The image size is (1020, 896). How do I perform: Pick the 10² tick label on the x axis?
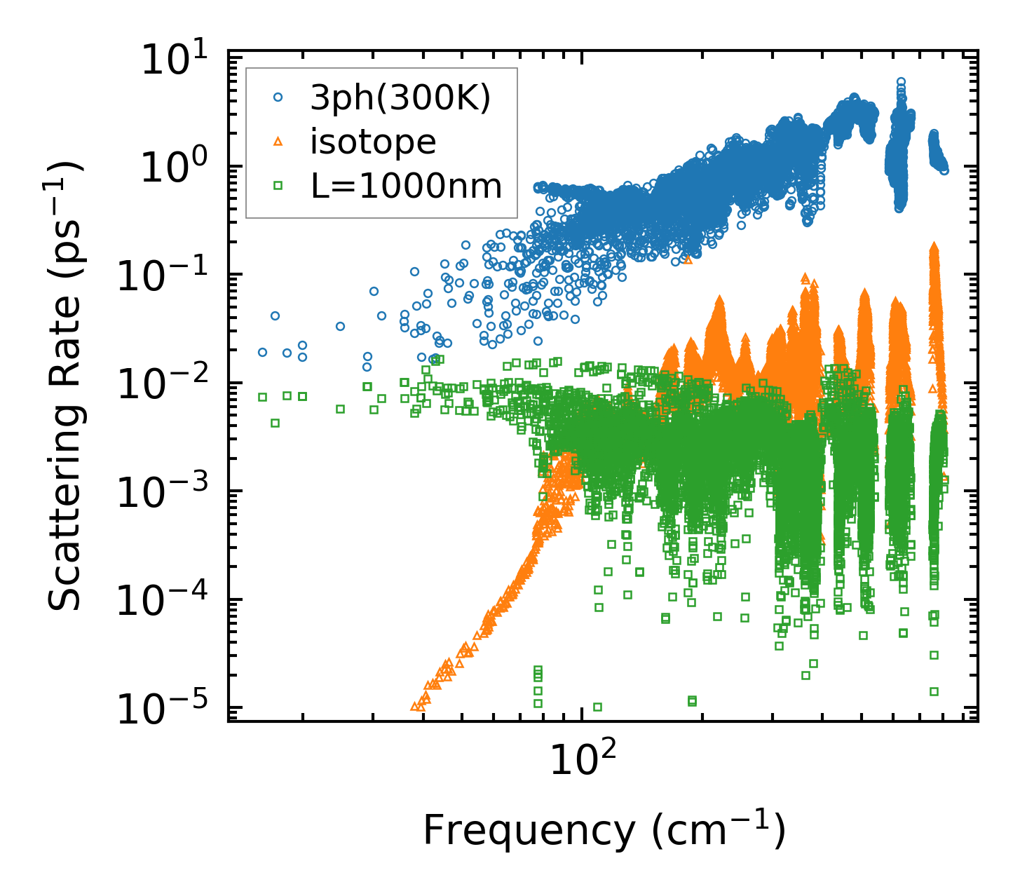coord(581,759)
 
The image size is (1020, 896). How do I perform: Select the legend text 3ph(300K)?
coord(400,100)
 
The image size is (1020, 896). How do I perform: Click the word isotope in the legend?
coord(373,142)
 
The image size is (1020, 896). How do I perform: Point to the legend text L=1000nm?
coord(406,186)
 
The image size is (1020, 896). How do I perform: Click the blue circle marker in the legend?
coord(278,99)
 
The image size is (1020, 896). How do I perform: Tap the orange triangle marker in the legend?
coord(278,142)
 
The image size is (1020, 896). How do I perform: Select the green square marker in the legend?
coord(278,186)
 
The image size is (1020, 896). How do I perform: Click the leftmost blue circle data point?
coord(262,352)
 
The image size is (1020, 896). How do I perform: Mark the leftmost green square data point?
coord(262,397)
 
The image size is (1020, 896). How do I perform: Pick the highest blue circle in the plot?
coord(901,82)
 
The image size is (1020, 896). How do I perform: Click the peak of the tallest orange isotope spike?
coord(933,247)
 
